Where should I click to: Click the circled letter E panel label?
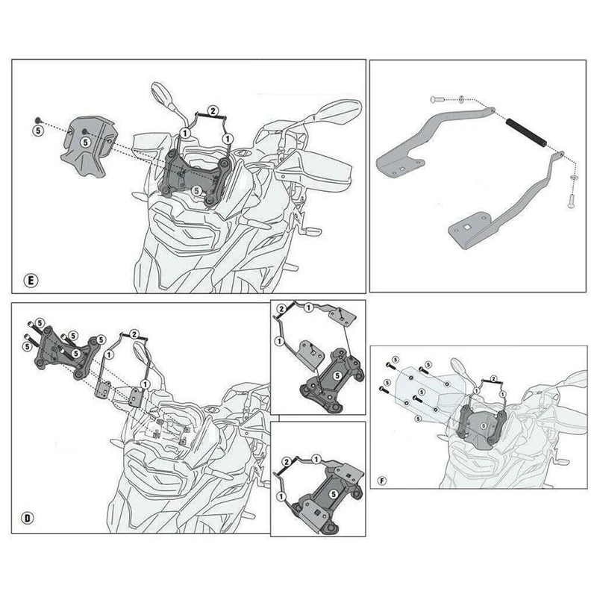pyautogui.click(x=31, y=281)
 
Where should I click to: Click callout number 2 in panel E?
pyautogui.click(x=213, y=111)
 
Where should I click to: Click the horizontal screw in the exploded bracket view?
pyautogui.click(x=438, y=99)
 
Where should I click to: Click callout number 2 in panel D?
pyautogui.click(x=134, y=333)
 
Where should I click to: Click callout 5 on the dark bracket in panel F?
pyautogui.click(x=484, y=423)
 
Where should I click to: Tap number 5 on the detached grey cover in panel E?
pyautogui.click(x=84, y=140)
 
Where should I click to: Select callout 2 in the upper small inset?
pyautogui.click(x=281, y=309)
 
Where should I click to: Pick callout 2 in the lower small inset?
pyautogui.click(x=284, y=465)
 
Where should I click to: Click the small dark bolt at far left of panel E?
pyautogui.click(x=37, y=119)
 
